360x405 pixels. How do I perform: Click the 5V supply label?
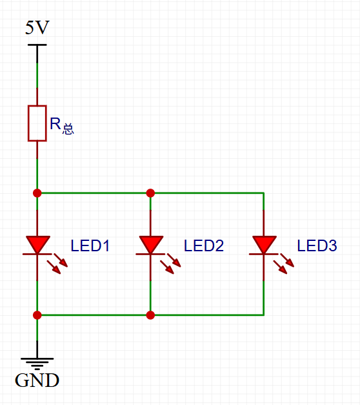pyautogui.click(x=37, y=27)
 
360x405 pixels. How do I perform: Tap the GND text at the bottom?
pyautogui.click(x=37, y=380)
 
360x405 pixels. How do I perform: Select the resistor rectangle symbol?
pyautogui.click(x=37, y=123)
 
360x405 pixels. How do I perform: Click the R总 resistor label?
pyautogui.click(x=62, y=125)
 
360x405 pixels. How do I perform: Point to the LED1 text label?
pyautogui.click(x=90, y=245)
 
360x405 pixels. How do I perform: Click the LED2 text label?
pyautogui.click(x=204, y=245)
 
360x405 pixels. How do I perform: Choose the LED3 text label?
pyautogui.click(x=317, y=245)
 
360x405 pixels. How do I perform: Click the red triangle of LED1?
pyautogui.click(x=37, y=244)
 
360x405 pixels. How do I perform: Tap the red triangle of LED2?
pyautogui.click(x=151, y=244)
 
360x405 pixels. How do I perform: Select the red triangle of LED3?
pyautogui.click(x=265, y=244)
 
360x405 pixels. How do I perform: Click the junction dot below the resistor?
pyautogui.click(x=37, y=193)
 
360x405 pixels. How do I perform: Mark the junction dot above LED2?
pyautogui.click(x=150, y=193)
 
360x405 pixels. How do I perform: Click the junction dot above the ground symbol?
pyautogui.click(x=37, y=315)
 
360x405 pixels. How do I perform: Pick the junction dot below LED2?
pyautogui.click(x=150, y=315)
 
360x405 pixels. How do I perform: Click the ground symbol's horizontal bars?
pyautogui.click(x=37, y=364)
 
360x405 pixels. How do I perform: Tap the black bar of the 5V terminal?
pyautogui.click(x=37, y=45)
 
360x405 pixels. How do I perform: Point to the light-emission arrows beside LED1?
pyautogui.click(x=57, y=264)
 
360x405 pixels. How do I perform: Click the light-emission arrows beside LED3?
pyautogui.click(x=284, y=264)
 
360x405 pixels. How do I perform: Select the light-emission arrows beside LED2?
pyautogui.click(x=170, y=264)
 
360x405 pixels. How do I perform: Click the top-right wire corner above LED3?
pyautogui.click(x=263, y=193)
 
